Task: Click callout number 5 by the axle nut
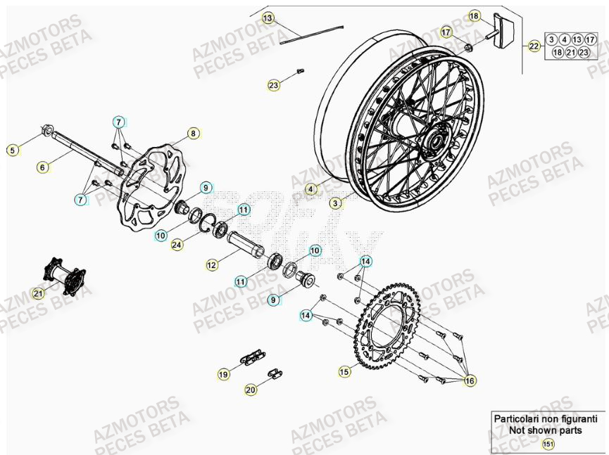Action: (x=11, y=149)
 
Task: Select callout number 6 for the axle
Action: (x=43, y=167)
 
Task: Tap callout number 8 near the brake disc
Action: (x=192, y=132)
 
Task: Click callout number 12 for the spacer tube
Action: (x=212, y=265)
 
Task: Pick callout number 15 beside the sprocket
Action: (x=344, y=371)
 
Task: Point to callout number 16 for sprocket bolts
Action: (x=470, y=380)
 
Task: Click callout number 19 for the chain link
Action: (x=223, y=375)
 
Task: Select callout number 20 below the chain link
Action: (x=251, y=389)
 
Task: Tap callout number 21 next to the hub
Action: (x=38, y=293)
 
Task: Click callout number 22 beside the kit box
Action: (x=534, y=46)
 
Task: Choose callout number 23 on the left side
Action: (x=273, y=85)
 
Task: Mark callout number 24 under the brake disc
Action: (x=177, y=245)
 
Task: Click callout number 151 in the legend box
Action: (x=548, y=444)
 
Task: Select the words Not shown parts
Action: (x=546, y=430)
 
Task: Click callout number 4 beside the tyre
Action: (x=312, y=188)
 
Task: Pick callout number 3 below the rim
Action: (x=336, y=204)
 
